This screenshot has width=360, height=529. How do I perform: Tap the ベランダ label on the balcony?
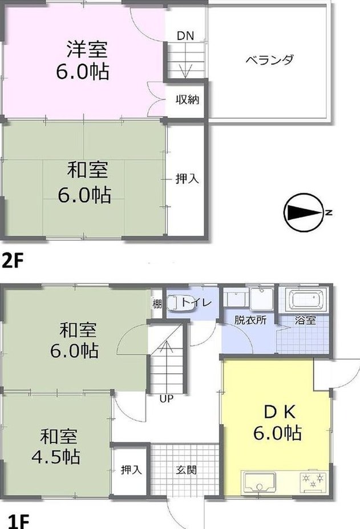[x=269, y=60]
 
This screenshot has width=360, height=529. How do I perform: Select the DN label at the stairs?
[x=185, y=36]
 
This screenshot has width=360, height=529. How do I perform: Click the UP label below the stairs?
[x=166, y=399]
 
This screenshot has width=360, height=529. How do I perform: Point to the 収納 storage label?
[x=187, y=100]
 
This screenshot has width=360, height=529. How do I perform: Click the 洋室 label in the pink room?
[x=87, y=49]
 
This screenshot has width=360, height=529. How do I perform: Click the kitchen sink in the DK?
[x=260, y=482]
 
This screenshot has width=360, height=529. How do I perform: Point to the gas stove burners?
[x=313, y=481]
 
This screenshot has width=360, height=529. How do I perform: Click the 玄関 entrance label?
[x=186, y=470]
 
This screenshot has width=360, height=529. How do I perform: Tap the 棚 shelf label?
[x=157, y=304]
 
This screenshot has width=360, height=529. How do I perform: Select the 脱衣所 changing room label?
[x=250, y=319]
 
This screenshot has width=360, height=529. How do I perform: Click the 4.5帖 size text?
[x=56, y=457]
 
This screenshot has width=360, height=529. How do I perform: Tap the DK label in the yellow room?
[x=280, y=412]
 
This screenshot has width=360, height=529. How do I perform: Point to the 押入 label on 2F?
[x=187, y=179]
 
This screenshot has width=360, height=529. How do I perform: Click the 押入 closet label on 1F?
[x=131, y=470]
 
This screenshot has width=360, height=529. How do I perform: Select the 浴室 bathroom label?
[x=305, y=319]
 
